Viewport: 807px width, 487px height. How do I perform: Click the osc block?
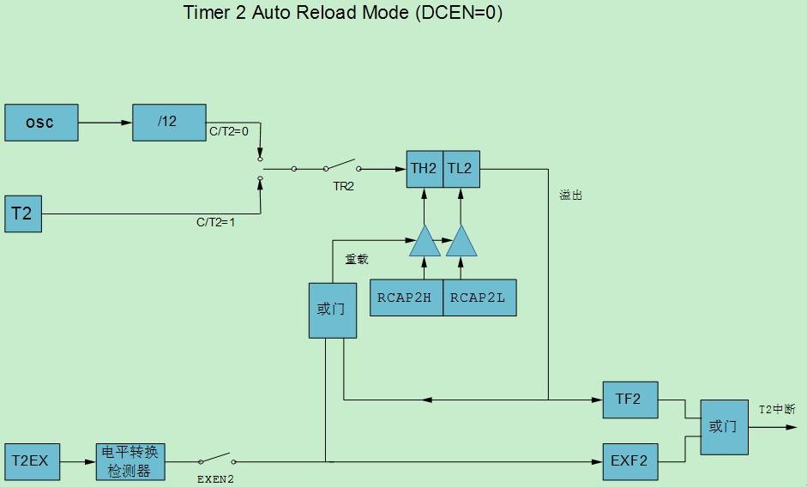point(41,123)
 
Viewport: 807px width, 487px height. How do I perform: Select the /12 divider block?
point(169,123)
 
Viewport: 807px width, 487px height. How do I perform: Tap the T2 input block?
point(22,213)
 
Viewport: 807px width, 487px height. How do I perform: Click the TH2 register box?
point(424,169)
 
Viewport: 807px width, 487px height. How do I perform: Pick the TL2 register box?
point(461,169)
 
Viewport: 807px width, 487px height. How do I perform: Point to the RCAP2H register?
point(406,298)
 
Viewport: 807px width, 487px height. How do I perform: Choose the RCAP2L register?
point(479,298)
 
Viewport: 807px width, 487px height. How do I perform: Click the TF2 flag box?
point(629,400)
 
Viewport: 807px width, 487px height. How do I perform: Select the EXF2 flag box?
point(629,462)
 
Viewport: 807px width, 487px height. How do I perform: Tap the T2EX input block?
point(29,462)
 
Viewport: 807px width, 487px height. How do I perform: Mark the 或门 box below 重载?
point(332,309)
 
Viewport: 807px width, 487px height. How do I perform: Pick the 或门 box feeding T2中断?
point(723,426)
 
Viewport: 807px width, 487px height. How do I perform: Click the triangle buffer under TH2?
point(424,243)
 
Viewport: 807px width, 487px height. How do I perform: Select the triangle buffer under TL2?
point(461,243)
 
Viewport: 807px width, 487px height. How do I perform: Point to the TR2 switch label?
point(343,186)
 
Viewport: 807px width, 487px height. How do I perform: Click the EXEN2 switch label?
point(215,479)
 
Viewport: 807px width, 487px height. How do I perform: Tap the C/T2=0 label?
point(228,132)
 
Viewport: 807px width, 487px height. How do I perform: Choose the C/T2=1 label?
point(215,222)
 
